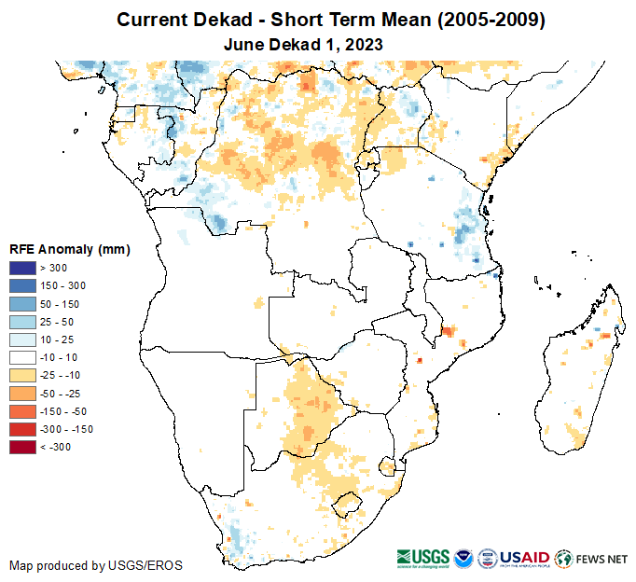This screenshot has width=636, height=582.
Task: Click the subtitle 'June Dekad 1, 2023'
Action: (x=304, y=44)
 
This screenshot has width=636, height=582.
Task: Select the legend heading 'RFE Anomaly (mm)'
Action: (x=69, y=249)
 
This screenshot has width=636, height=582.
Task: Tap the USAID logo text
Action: (x=524, y=557)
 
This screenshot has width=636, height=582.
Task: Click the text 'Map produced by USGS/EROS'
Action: (x=95, y=565)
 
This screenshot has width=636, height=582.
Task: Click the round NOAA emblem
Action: (x=463, y=558)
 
